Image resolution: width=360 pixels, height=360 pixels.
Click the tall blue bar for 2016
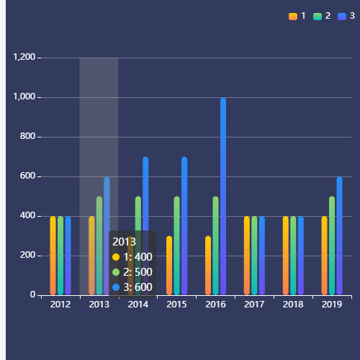223,196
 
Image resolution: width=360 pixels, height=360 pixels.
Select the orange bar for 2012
53,256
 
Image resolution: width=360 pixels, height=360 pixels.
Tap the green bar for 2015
176,246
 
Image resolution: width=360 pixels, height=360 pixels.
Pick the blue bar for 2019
340,235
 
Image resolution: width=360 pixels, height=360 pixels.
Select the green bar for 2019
332,246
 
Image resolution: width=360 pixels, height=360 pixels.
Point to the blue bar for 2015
184,225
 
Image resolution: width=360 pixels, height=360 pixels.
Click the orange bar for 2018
286,256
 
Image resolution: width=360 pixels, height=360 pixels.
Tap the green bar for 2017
254,256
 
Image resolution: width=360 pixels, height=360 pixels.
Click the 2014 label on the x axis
138,305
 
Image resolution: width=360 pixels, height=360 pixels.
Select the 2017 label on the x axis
254,305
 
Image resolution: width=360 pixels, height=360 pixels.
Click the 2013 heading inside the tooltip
124,242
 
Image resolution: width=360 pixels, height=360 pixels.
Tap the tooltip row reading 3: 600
133,287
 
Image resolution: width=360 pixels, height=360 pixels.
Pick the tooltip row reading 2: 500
133,272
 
